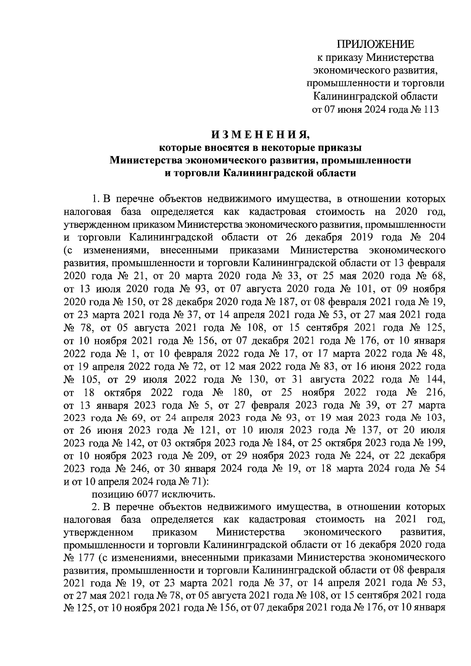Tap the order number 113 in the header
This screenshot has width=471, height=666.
pos(429,109)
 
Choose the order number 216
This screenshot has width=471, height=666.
pos(436,392)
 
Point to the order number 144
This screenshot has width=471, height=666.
pos(436,379)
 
